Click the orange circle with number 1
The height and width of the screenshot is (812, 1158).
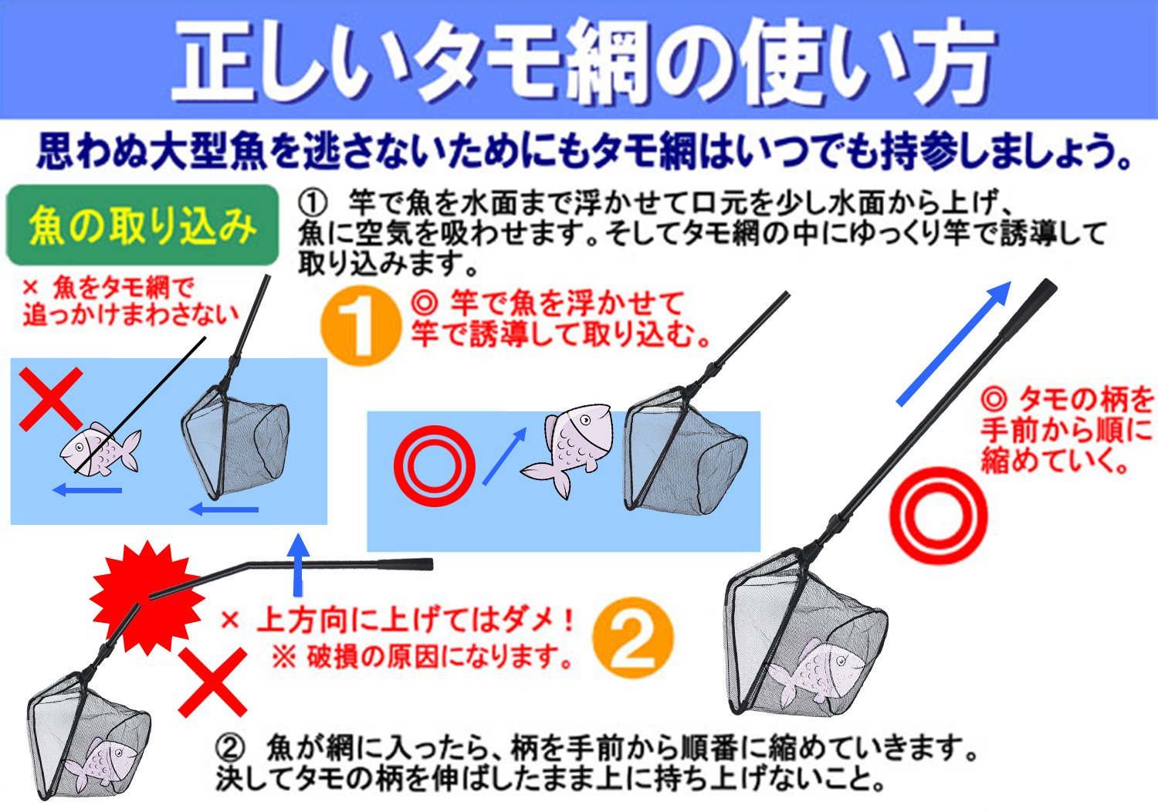(x=361, y=326)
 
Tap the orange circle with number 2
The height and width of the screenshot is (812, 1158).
(x=633, y=638)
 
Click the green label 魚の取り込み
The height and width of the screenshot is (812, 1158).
(x=142, y=225)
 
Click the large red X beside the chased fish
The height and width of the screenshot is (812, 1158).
(x=51, y=399)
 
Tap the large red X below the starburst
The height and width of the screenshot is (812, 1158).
(x=212, y=682)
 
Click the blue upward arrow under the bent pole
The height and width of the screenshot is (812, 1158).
(x=298, y=564)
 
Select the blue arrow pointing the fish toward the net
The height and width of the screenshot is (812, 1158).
(x=504, y=456)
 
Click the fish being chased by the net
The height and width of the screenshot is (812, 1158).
(x=100, y=448)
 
